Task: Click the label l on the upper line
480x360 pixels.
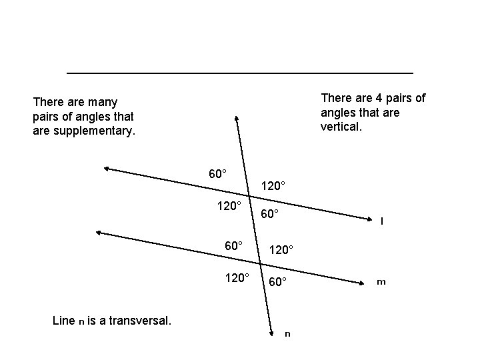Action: [381, 221]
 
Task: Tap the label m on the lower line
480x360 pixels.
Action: [381, 282]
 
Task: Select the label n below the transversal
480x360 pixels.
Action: [287, 333]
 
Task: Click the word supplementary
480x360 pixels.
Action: [93, 131]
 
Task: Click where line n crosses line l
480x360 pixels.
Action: [249, 193]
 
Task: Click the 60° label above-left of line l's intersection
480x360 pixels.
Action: [217, 174]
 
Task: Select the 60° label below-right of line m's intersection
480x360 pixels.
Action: [278, 282]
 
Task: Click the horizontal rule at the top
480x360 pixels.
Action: [240, 72]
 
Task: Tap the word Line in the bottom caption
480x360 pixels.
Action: [64, 321]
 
